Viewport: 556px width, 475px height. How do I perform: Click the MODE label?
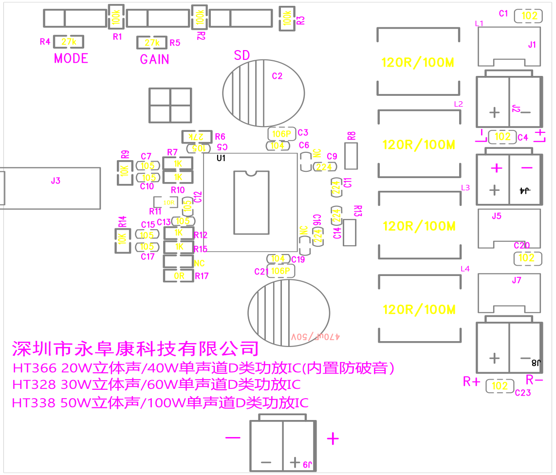(x=71, y=58)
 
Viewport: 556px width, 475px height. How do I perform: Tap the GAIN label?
(x=154, y=59)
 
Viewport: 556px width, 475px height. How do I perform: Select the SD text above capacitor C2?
(x=242, y=55)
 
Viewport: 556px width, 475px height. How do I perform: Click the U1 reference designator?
(x=222, y=159)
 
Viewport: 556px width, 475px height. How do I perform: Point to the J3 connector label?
(x=56, y=181)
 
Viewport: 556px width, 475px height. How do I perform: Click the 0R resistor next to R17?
(x=179, y=276)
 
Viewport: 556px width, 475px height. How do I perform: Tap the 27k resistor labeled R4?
(x=69, y=42)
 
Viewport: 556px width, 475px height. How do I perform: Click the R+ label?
(x=472, y=382)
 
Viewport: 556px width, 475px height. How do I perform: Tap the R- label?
(x=534, y=380)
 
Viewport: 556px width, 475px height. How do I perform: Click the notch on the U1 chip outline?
(x=250, y=173)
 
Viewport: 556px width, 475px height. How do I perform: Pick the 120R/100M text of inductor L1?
(x=418, y=62)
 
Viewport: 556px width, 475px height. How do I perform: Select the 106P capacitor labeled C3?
(x=281, y=133)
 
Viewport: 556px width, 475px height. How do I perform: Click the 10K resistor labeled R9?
(x=124, y=171)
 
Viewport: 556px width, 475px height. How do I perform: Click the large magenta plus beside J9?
(x=333, y=439)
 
